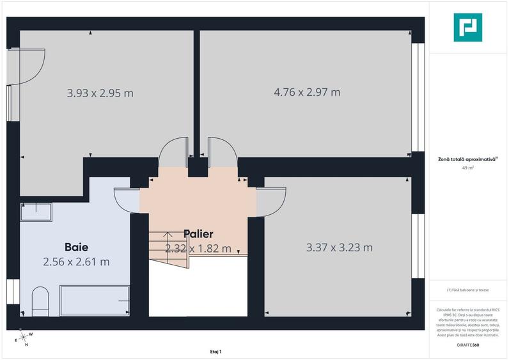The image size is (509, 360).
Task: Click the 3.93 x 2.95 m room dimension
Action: tap(100, 93)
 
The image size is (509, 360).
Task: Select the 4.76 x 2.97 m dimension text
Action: tap(307, 92)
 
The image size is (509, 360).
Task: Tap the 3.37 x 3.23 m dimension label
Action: tap(339, 247)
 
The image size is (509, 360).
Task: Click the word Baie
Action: tap(75, 247)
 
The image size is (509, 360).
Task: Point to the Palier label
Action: tap(198, 234)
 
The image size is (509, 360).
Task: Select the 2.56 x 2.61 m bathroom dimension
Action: tap(76, 262)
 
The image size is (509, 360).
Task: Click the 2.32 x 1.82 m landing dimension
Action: tap(198, 249)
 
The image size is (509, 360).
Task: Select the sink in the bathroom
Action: tap(36, 212)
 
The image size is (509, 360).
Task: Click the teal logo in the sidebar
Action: tap(468, 27)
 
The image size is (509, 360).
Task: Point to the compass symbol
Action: tap(23, 337)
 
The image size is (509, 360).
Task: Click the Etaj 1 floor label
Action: tap(215, 351)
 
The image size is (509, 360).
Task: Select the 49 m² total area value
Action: tap(469, 168)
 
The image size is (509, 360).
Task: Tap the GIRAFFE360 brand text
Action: tap(469, 345)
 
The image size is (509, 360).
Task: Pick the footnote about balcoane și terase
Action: tap(469, 290)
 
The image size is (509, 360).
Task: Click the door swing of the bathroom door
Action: tap(127, 200)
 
